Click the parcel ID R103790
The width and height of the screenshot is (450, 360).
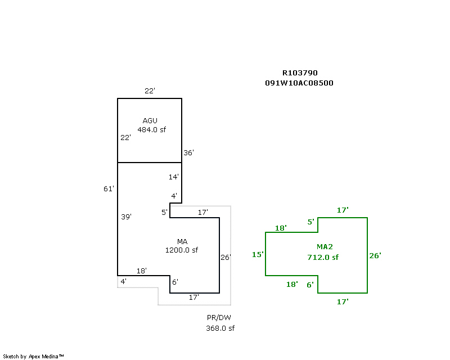click(300, 73)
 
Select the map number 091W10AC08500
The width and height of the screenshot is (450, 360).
click(300, 83)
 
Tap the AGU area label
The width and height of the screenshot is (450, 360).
click(150, 120)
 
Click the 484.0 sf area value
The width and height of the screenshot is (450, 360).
click(152, 130)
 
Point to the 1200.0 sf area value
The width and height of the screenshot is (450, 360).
click(182, 250)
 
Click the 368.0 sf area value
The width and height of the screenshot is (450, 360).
click(220, 328)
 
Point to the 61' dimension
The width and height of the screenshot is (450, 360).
click(109, 189)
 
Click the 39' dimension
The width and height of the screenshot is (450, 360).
click(126, 217)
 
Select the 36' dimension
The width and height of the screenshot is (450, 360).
click(189, 152)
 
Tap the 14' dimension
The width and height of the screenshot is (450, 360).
click(174, 177)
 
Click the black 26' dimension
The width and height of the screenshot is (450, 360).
click(226, 258)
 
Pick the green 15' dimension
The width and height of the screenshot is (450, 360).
click(258, 255)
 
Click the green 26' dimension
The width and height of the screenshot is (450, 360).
click(375, 255)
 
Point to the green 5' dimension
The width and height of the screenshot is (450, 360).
click(310, 222)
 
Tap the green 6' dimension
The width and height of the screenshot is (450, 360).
click(310, 285)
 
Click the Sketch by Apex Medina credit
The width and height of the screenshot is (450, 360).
click(34, 356)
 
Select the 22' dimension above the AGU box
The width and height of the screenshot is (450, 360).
click(149, 91)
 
